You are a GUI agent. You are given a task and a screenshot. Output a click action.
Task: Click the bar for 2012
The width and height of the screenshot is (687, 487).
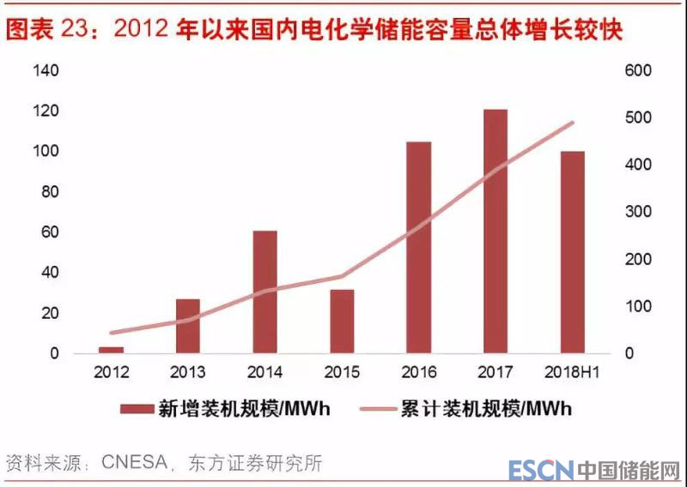coord(112,349)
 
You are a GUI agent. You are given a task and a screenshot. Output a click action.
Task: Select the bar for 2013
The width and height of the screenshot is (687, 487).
coord(188,326)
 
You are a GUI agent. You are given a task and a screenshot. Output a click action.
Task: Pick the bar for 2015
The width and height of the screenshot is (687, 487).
coord(342,321)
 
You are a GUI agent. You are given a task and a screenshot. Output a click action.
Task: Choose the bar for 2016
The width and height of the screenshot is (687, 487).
coord(418,247)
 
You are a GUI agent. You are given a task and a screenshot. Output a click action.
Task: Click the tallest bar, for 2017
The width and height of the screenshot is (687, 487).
coord(495,231)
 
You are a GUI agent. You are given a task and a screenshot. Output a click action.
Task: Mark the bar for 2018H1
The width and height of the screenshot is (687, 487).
coord(572,252)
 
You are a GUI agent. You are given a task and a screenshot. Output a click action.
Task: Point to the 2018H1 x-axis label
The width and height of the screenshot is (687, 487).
coord(572,372)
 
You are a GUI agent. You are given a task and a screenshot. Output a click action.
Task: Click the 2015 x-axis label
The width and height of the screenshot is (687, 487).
coord(342,372)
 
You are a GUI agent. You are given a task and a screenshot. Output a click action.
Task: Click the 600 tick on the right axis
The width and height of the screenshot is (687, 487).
coord(639,70)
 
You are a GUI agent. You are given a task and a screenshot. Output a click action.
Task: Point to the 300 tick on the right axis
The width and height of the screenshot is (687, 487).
coord(639,212)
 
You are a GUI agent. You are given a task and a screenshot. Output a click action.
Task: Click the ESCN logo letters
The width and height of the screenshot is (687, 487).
coord(539,471)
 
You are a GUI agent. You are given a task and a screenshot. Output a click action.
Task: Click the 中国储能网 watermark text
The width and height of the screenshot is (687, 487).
coord(628,471)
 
